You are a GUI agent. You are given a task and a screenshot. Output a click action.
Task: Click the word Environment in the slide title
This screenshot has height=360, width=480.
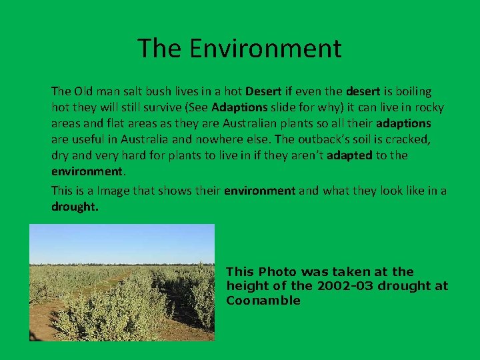[265, 48]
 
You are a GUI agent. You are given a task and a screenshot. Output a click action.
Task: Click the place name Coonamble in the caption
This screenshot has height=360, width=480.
[263, 300]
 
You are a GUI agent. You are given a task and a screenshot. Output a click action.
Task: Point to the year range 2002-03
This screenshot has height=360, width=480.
[340, 286]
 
